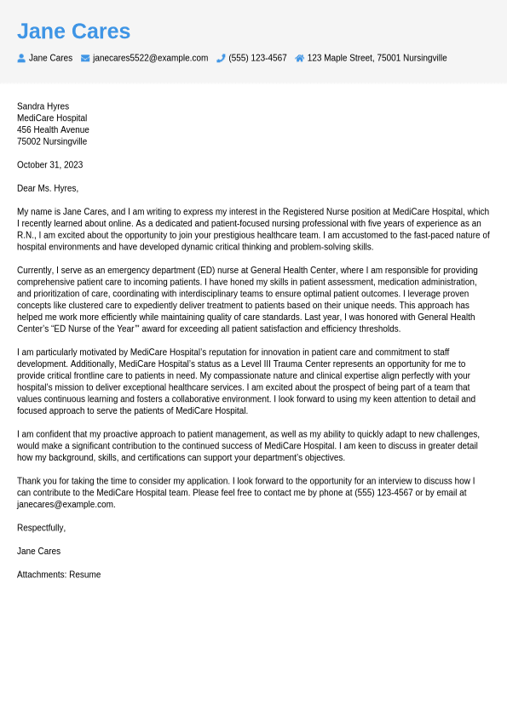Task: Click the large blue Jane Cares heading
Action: click(x=73, y=32)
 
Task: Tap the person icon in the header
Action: click(x=21, y=58)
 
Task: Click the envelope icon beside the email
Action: click(x=85, y=58)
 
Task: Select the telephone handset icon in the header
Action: click(x=221, y=58)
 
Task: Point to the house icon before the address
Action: click(x=299, y=58)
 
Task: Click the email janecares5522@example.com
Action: click(x=150, y=58)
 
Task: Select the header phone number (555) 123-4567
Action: click(x=257, y=58)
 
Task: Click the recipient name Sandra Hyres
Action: click(x=43, y=106)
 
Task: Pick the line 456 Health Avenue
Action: click(x=53, y=130)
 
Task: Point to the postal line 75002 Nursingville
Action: click(x=52, y=141)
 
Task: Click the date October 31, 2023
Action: click(x=49, y=165)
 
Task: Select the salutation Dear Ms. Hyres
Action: click(x=48, y=188)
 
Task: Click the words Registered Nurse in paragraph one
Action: click(x=319, y=212)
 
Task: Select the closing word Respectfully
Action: click(x=41, y=528)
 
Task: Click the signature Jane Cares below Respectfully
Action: click(x=38, y=551)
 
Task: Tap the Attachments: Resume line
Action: click(x=59, y=575)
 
